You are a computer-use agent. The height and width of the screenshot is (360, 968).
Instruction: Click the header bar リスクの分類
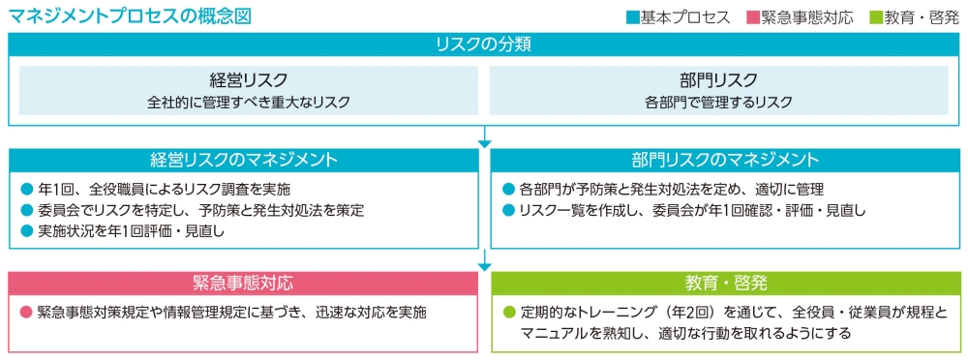point(484,45)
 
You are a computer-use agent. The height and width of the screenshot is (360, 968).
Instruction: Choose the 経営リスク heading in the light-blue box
point(249,80)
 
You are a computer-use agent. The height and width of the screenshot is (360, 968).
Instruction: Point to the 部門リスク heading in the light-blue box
point(718,80)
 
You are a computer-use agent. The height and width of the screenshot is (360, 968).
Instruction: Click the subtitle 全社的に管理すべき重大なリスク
point(249,102)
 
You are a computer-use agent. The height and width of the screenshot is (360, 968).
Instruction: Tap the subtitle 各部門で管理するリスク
point(718,102)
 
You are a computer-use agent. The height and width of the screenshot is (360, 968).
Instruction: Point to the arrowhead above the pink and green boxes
point(484,264)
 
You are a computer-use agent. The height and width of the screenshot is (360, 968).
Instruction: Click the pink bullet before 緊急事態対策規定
point(27,313)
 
